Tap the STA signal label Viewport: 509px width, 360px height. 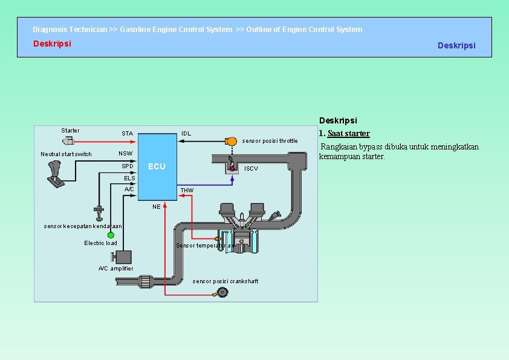(x=127, y=134)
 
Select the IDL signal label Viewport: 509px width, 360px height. (x=186, y=134)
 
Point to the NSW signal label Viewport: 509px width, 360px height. (x=125, y=154)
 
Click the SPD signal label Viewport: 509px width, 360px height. (x=127, y=166)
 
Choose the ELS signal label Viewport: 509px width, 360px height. (x=129, y=178)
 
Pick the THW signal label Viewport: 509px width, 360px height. (x=187, y=191)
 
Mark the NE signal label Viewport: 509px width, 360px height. (x=157, y=207)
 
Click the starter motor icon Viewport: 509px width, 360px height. (x=68, y=140)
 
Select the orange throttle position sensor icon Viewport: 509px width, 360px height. (x=230, y=141)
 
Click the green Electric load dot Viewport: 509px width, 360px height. (x=111, y=235)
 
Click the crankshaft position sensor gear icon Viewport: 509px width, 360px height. (x=222, y=293)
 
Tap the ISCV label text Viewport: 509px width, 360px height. (x=251, y=169)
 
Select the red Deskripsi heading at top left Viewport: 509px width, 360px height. (x=52, y=44)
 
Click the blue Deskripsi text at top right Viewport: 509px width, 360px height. (x=456, y=45)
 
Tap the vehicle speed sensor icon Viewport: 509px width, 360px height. (x=98, y=212)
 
